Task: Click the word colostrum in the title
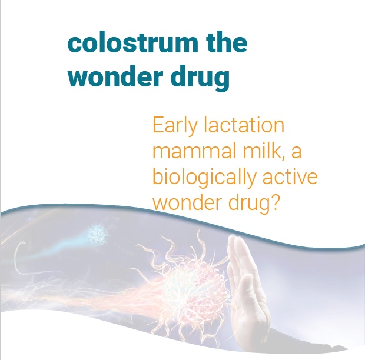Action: tap(132, 44)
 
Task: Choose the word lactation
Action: tap(244, 125)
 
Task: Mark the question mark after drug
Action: tap(275, 202)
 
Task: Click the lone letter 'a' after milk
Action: tap(296, 153)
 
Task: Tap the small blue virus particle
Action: tap(98, 234)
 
